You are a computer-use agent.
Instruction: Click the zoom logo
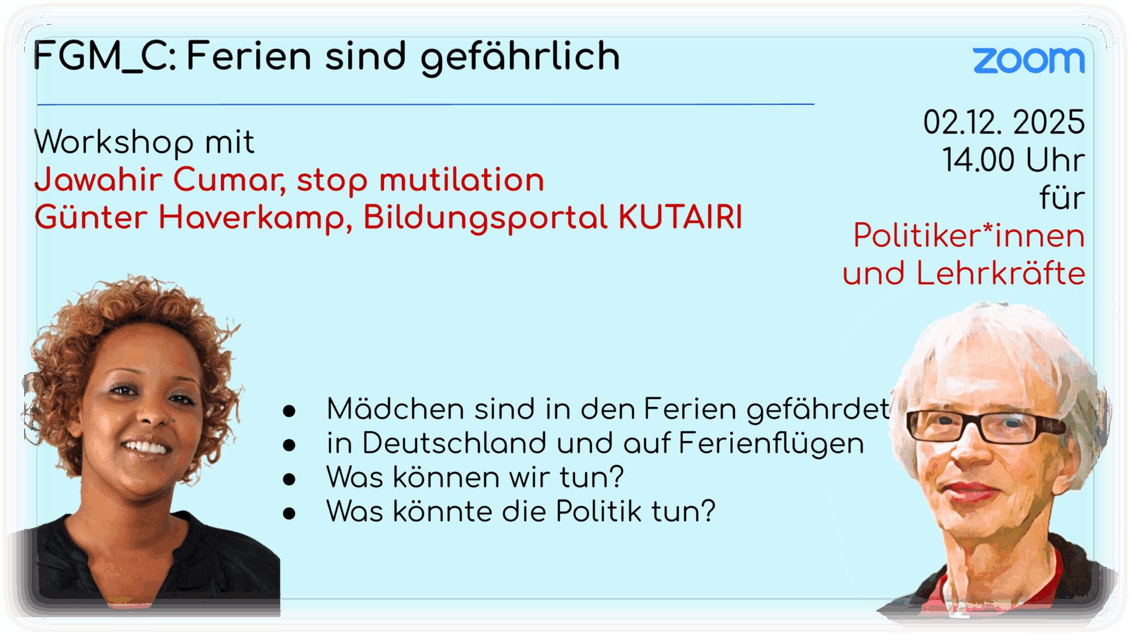pos(1029,61)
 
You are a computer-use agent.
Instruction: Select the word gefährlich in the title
pos(520,58)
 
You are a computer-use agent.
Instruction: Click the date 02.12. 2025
pos(1004,122)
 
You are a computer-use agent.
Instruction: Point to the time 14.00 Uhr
pos(1013,160)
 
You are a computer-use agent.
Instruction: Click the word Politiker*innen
pos(969,236)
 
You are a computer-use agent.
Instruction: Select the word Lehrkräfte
pos(1000,273)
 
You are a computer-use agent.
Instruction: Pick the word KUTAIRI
pos(680,217)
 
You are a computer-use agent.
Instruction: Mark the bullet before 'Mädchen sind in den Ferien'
pos(289,411)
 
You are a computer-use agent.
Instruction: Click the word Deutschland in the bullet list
pos(454,443)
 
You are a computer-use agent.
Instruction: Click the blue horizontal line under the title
pos(425,104)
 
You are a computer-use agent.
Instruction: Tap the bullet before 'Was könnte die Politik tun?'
pos(289,514)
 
